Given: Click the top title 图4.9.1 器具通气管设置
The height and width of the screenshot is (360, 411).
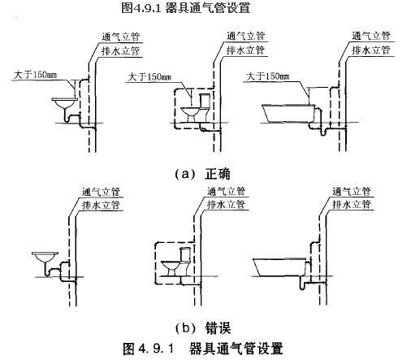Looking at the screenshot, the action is coord(185,7).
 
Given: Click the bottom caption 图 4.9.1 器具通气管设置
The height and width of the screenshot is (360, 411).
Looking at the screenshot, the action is coord(203,349).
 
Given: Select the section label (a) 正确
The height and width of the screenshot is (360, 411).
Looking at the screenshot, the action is coord(202,174).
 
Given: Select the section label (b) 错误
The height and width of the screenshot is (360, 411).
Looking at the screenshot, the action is coord(203,328).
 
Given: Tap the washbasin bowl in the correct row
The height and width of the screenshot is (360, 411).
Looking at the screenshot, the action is coord(64,102).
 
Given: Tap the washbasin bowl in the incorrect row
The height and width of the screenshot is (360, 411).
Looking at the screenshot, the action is coord(45,257).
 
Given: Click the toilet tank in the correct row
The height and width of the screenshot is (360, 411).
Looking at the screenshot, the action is coord(205,101).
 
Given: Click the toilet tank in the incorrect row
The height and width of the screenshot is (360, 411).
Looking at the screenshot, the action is coord(185,254).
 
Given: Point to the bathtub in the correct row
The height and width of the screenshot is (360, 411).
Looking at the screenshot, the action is coord(289,113).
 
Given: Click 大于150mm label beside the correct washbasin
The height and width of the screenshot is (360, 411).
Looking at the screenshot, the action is coord(35,75).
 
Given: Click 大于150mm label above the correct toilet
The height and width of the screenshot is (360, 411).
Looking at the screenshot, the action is coord(149,77).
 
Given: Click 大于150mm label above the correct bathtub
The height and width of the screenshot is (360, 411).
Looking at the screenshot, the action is coord(268,76).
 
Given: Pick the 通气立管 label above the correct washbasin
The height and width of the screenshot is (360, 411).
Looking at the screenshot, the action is coord(120,37).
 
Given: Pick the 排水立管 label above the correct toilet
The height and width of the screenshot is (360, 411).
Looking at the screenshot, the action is coord(245,50).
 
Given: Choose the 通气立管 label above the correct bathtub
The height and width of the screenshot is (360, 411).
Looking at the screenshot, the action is coord(371,36).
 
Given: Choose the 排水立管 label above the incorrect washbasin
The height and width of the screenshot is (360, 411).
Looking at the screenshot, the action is coord(101,205).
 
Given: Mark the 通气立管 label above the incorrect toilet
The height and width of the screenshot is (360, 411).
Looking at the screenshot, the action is coord(226,191).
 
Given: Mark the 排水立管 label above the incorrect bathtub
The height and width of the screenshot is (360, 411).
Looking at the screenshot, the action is coord(352,204).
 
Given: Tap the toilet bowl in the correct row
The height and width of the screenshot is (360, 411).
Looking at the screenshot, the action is coord(191,115).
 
